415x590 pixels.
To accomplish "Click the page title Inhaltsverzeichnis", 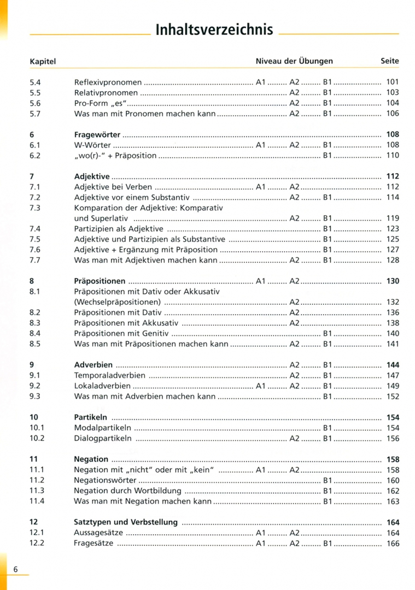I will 214,30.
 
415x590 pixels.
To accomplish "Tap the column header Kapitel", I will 43,62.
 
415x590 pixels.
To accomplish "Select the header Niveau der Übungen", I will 294,61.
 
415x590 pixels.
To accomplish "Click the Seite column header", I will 390,61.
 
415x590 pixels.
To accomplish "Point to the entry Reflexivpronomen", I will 108,82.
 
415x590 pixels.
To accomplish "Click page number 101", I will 393,82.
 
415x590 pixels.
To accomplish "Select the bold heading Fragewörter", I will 97,134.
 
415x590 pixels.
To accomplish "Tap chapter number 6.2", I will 35,156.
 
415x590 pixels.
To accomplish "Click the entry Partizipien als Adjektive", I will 119,229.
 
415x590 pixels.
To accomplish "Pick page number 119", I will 393,219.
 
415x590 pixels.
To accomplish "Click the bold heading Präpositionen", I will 100,281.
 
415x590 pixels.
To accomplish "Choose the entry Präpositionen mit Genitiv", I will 121,333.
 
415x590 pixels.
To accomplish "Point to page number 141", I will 393,344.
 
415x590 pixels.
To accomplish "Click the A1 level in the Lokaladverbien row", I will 260,386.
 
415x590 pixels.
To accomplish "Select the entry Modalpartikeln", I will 102,428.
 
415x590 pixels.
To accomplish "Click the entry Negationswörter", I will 106,481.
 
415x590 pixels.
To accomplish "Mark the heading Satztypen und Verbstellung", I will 126,522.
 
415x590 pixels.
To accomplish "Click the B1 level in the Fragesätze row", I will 328,544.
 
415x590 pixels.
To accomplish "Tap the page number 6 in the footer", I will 16,569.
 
